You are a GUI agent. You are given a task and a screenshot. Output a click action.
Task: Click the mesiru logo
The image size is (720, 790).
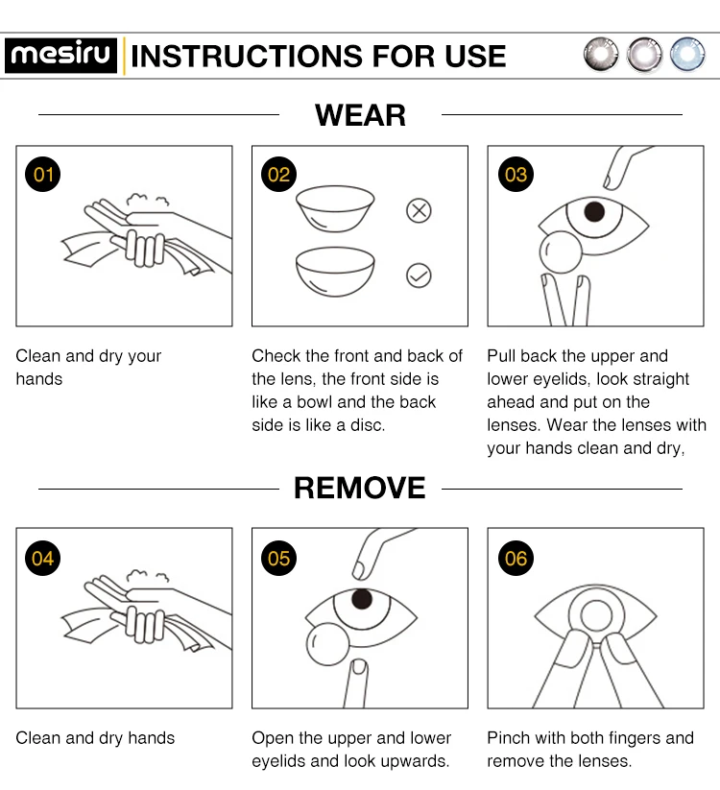[61, 56]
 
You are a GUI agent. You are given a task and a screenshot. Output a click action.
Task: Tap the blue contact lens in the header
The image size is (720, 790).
[687, 55]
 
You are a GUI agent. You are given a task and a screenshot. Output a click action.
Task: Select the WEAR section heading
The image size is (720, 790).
[360, 115]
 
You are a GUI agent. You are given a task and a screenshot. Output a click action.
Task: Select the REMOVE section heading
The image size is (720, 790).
[360, 488]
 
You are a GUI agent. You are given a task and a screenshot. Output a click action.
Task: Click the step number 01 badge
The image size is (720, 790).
[43, 175]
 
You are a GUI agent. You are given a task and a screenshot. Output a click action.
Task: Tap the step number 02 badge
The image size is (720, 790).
[278, 175]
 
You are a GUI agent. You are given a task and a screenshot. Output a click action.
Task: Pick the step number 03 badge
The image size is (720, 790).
[516, 175]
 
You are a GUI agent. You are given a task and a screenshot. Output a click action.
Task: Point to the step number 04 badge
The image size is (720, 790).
[43, 558]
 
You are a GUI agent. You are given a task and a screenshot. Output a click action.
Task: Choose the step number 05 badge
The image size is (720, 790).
[278, 558]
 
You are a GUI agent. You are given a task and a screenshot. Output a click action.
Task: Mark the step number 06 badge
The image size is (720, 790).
[516, 558]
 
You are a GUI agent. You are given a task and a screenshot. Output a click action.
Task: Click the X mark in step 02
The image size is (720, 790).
[419, 210]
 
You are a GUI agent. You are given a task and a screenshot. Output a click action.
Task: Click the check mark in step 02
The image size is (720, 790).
[419, 275]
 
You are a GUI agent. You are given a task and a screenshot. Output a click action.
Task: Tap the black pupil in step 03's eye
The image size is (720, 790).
[594, 211]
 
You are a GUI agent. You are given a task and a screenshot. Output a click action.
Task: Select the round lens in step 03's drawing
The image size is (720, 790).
[561, 251]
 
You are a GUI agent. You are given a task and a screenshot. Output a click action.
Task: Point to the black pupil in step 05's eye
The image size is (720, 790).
[362, 599]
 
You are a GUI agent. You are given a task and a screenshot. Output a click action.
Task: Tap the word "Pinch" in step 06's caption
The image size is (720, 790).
[509, 738]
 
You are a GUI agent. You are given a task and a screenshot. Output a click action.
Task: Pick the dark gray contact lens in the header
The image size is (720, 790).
[601, 55]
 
